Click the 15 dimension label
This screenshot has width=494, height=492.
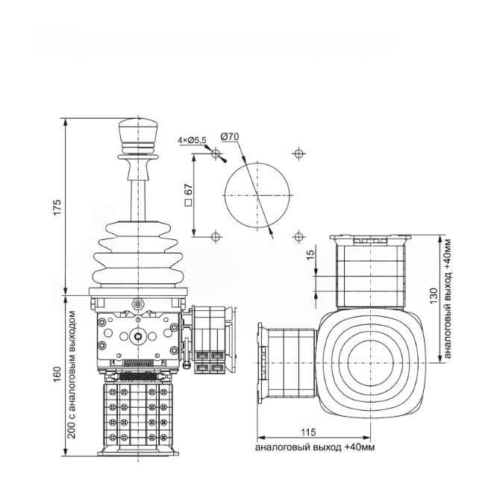tap(310, 254)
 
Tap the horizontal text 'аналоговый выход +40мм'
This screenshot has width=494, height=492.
tap(314, 447)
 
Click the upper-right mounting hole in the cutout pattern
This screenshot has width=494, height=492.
tap(299, 154)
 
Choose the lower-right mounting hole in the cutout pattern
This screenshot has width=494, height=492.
tap(299, 237)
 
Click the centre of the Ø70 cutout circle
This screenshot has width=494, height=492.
tap(257, 195)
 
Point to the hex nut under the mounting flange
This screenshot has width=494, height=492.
tap(137, 304)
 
